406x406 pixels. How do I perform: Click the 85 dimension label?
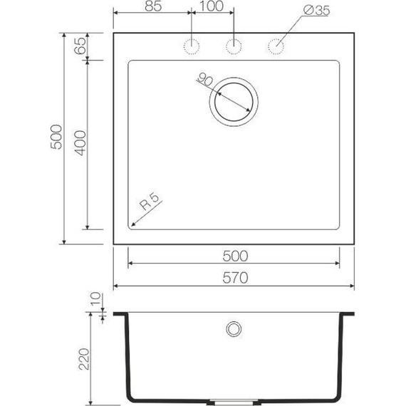click(x=150, y=7)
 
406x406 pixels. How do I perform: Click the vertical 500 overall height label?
click(x=57, y=137)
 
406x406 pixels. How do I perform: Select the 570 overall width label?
click(x=234, y=279)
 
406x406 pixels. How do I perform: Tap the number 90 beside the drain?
click(x=204, y=80)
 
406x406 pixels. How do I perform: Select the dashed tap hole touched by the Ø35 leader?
click(x=275, y=46)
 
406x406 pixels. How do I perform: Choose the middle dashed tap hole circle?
click(x=233, y=46)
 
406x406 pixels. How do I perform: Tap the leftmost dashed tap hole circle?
click(x=191, y=46)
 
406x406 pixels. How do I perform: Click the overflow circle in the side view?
click(x=233, y=328)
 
